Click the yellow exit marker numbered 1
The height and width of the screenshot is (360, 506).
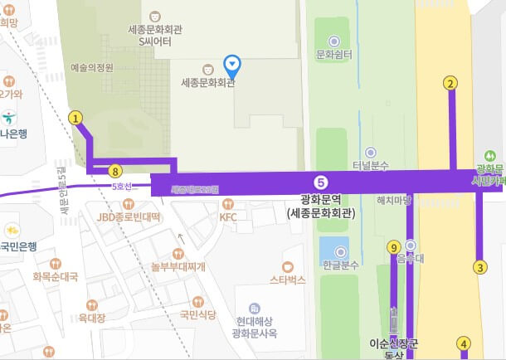coord(75,118)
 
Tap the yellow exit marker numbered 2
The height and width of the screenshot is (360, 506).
coord(450,83)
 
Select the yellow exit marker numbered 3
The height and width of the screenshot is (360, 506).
coord(479,267)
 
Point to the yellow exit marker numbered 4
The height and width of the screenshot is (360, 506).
coord(464,343)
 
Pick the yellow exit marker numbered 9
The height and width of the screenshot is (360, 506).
coord(393,246)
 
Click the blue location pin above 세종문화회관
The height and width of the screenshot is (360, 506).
coord(234,63)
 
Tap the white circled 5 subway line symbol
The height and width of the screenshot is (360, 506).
coord(322,182)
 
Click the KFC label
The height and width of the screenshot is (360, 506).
coord(228,217)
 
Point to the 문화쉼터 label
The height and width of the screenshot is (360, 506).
coord(334,55)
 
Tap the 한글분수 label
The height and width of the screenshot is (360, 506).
coord(338,265)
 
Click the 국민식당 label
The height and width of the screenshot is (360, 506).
coord(197,314)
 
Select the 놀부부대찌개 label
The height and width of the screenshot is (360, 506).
coord(178,265)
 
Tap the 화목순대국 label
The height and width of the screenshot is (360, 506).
coord(55,276)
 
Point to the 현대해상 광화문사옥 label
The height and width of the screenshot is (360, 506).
coord(255,327)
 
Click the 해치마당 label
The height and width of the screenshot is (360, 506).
coord(394,200)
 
